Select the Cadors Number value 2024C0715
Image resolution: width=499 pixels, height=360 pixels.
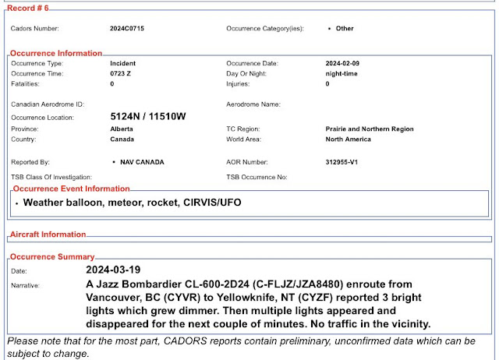point(126,28)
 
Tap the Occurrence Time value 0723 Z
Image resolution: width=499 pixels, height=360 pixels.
point(121,73)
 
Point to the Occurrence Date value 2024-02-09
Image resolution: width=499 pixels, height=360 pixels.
point(344,63)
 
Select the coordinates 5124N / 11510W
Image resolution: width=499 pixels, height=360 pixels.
point(148,117)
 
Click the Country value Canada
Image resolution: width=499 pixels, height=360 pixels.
point(122,139)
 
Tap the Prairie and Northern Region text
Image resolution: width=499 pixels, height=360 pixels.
point(370,129)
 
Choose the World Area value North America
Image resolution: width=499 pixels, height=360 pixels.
point(348,139)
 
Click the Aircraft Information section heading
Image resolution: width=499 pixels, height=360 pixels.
point(47,235)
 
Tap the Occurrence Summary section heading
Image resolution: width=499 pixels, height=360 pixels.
point(51,256)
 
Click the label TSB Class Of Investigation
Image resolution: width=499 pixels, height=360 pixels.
point(51,177)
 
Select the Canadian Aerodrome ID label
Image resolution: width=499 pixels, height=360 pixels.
point(48,104)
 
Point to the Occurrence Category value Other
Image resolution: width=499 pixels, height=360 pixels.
point(344,28)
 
